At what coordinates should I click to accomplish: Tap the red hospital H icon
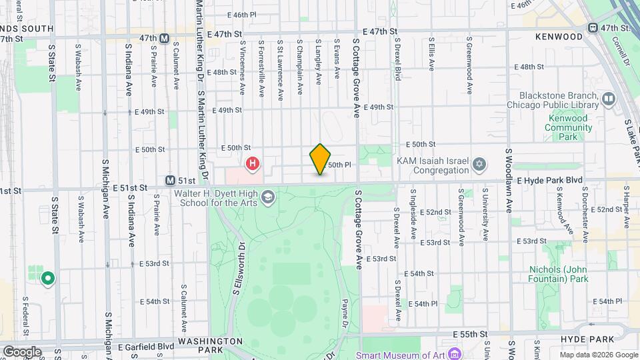click(253, 163)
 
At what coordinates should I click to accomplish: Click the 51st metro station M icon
click(171, 180)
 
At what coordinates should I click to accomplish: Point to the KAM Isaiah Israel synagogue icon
click(479, 164)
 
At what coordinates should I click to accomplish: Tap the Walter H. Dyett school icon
click(267, 196)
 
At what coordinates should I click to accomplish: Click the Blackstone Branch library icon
click(608, 100)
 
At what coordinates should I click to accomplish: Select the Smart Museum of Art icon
click(455, 353)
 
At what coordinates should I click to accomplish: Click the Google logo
click(22, 351)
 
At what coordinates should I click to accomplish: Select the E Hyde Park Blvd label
click(549, 180)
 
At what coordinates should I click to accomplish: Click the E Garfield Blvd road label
click(146, 347)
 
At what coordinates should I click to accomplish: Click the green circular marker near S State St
click(47, 278)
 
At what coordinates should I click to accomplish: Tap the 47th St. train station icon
click(591, 28)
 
